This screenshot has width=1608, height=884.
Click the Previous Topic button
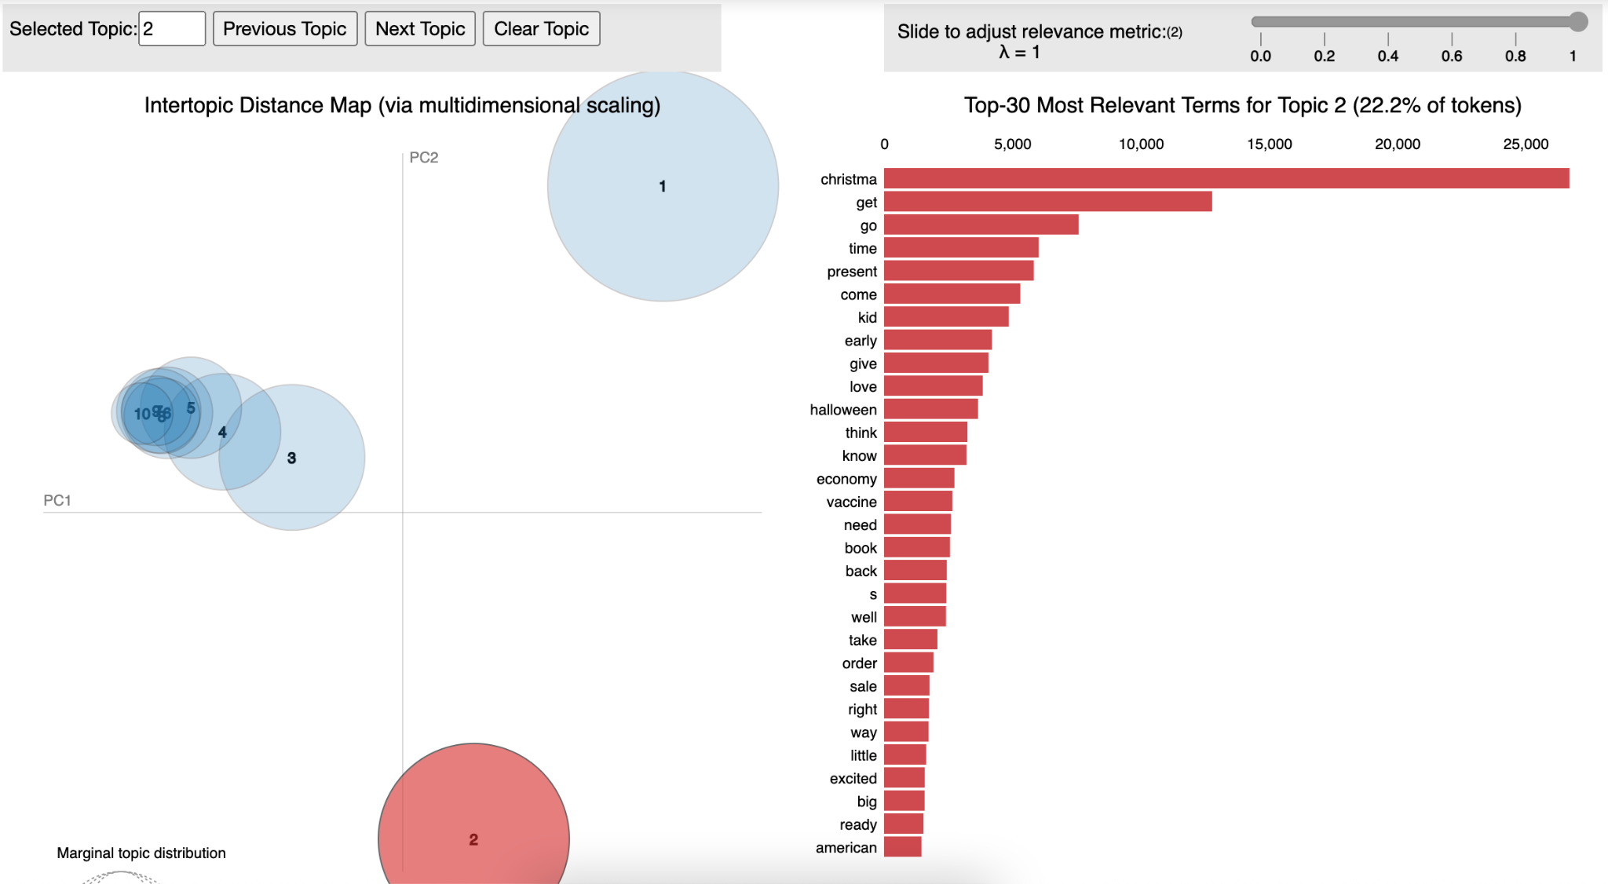pyautogui.click(x=285, y=29)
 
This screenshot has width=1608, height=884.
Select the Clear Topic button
pyautogui.click(x=541, y=29)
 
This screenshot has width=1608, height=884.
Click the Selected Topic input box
pyautogui.click(x=172, y=29)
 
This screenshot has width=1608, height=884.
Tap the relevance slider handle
pyautogui.click(x=1577, y=22)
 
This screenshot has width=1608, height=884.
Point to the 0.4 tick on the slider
pyautogui.click(x=1388, y=39)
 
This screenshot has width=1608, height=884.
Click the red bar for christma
pyautogui.click(x=1226, y=179)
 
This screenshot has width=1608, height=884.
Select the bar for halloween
pyautogui.click(x=930, y=409)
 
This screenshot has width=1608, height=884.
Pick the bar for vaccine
pyautogui.click(x=918, y=502)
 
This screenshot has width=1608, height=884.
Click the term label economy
pyautogui.click(x=846, y=479)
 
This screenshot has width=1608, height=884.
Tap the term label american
pyautogui.click(x=846, y=848)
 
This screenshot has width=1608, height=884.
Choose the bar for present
pyautogui.click(x=959, y=271)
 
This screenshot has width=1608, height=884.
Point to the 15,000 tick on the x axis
pyautogui.click(x=1269, y=144)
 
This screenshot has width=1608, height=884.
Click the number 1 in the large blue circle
pyautogui.click(x=663, y=186)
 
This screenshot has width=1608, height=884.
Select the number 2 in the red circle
pyautogui.click(x=473, y=839)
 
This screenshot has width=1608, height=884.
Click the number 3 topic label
pyautogui.click(x=291, y=458)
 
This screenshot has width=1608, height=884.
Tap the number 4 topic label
pyautogui.click(x=222, y=432)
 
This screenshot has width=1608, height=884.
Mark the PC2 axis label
pyautogui.click(x=424, y=158)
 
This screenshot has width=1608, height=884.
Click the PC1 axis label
pyautogui.click(x=57, y=500)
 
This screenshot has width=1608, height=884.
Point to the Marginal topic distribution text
pyautogui.click(x=141, y=853)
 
